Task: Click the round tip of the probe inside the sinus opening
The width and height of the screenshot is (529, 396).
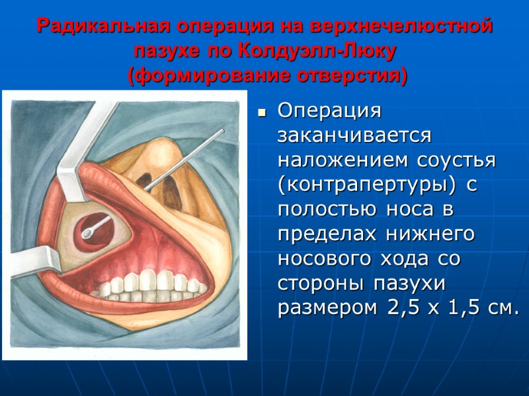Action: pos(87,232)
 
